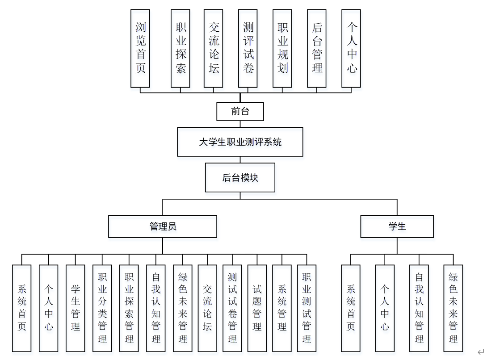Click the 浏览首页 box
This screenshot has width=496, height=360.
140,48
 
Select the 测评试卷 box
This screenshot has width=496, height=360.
248,48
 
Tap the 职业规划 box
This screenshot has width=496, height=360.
282,48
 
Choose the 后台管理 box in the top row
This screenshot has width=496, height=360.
317,48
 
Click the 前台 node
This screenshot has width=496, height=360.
240,112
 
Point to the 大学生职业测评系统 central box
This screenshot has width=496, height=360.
240,142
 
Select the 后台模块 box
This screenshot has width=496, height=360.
240,177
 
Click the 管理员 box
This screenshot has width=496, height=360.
163,226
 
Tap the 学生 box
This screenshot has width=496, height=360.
397,226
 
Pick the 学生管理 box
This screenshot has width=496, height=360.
76,308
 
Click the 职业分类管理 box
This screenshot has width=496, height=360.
102,308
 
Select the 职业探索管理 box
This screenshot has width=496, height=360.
129,308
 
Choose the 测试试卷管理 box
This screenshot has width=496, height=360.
232,308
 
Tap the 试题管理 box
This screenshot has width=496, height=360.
257,308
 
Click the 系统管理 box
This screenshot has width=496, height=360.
282,308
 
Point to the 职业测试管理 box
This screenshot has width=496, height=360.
307,308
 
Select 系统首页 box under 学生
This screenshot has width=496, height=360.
351,308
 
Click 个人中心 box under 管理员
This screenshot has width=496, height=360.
49,308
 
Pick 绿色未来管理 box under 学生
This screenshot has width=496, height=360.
453,308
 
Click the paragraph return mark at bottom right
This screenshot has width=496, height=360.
481,352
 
